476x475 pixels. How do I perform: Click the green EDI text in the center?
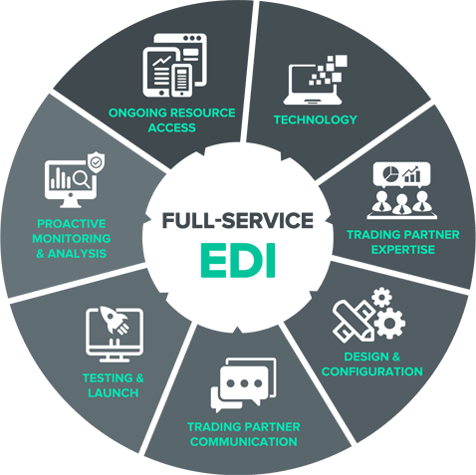[x=238, y=260]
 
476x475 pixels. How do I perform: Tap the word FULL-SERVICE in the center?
[x=238, y=220]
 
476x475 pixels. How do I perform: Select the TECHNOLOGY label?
[x=316, y=119]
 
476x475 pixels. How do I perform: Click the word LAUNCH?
[x=114, y=393]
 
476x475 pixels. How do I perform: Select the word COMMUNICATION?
[x=244, y=442]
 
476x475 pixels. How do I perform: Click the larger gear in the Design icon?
[x=389, y=323]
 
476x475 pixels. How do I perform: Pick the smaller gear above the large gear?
[x=381, y=297]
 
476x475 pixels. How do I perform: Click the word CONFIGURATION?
[x=372, y=371]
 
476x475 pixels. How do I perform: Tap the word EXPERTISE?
[x=403, y=250]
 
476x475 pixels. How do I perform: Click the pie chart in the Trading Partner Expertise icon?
[x=390, y=173]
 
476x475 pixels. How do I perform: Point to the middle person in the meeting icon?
[x=401, y=204]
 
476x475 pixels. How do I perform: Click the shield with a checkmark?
[x=96, y=162]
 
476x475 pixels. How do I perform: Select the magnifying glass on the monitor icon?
[x=82, y=180]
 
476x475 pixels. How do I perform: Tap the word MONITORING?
[x=72, y=239]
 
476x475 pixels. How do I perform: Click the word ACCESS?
[x=171, y=127]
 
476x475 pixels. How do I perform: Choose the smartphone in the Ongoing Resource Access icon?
[x=182, y=80]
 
